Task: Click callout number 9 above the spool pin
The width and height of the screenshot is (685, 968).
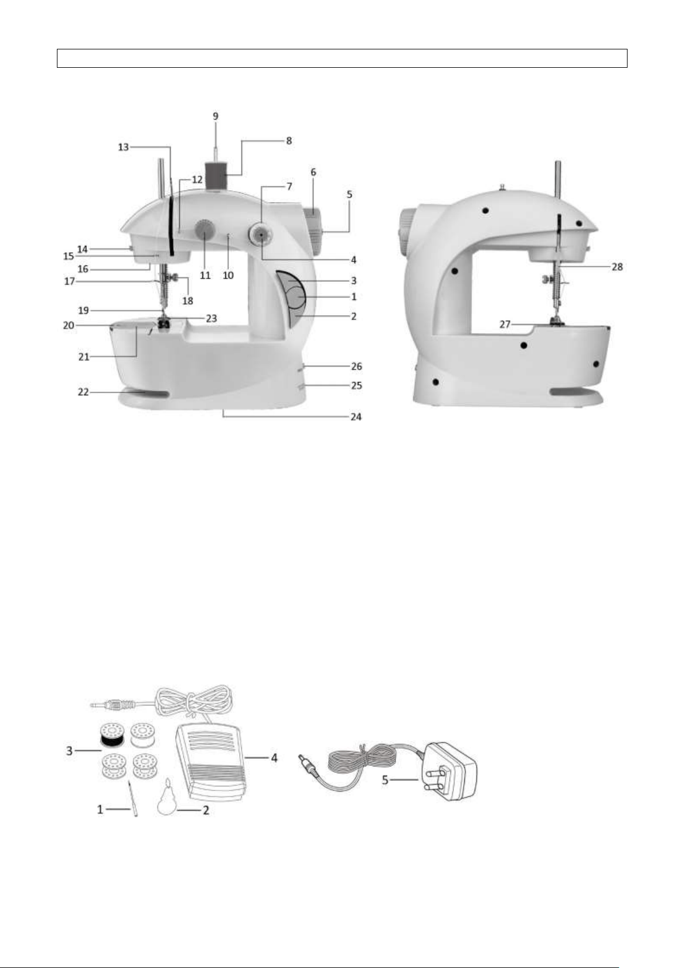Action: (x=215, y=116)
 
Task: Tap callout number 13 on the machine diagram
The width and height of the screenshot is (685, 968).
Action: (x=124, y=147)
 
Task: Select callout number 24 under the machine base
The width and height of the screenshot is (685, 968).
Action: (x=356, y=416)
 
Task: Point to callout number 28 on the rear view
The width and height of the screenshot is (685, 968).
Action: (x=617, y=267)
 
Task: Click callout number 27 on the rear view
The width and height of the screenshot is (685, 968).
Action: (x=505, y=323)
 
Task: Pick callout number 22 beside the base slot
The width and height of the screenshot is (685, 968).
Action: (x=83, y=392)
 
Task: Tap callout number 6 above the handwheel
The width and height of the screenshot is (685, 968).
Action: (x=313, y=172)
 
